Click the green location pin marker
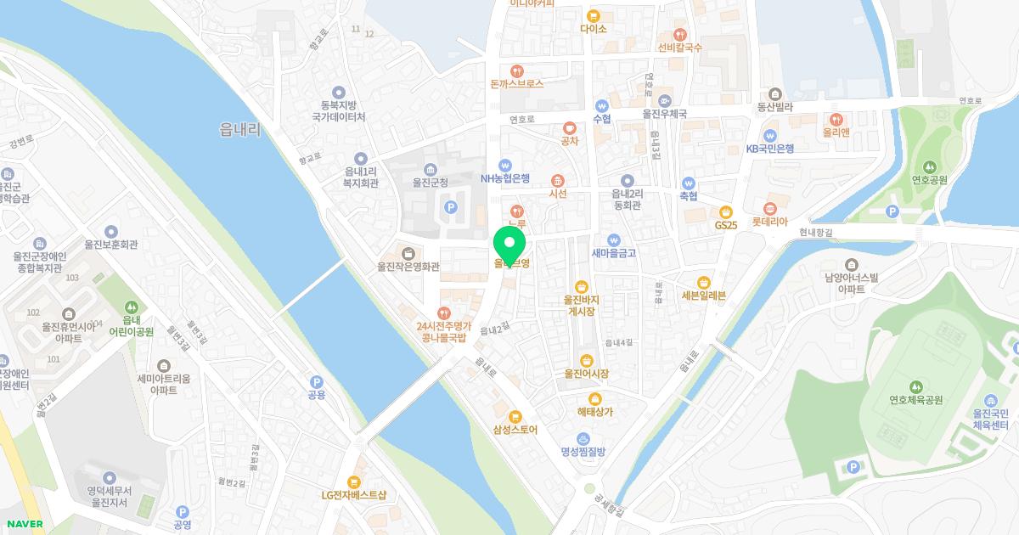tap(509, 243)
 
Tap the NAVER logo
tap(23, 524)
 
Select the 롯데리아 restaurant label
tap(769, 222)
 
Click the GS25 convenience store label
tap(726, 225)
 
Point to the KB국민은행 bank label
tap(770, 148)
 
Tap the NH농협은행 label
tap(504, 178)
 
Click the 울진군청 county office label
tap(430, 182)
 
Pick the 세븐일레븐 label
tap(704, 296)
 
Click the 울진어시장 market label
tap(586, 374)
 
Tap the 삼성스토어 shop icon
tap(515, 416)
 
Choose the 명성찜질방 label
tap(583, 451)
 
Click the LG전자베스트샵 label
tap(354, 495)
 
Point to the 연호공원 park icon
tap(929, 166)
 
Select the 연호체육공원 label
tap(916, 400)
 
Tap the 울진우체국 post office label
tap(664, 113)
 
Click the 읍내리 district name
tap(239, 129)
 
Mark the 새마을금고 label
tap(613, 252)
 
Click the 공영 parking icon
tap(182, 512)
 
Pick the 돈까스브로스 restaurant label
tap(516, 84)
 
